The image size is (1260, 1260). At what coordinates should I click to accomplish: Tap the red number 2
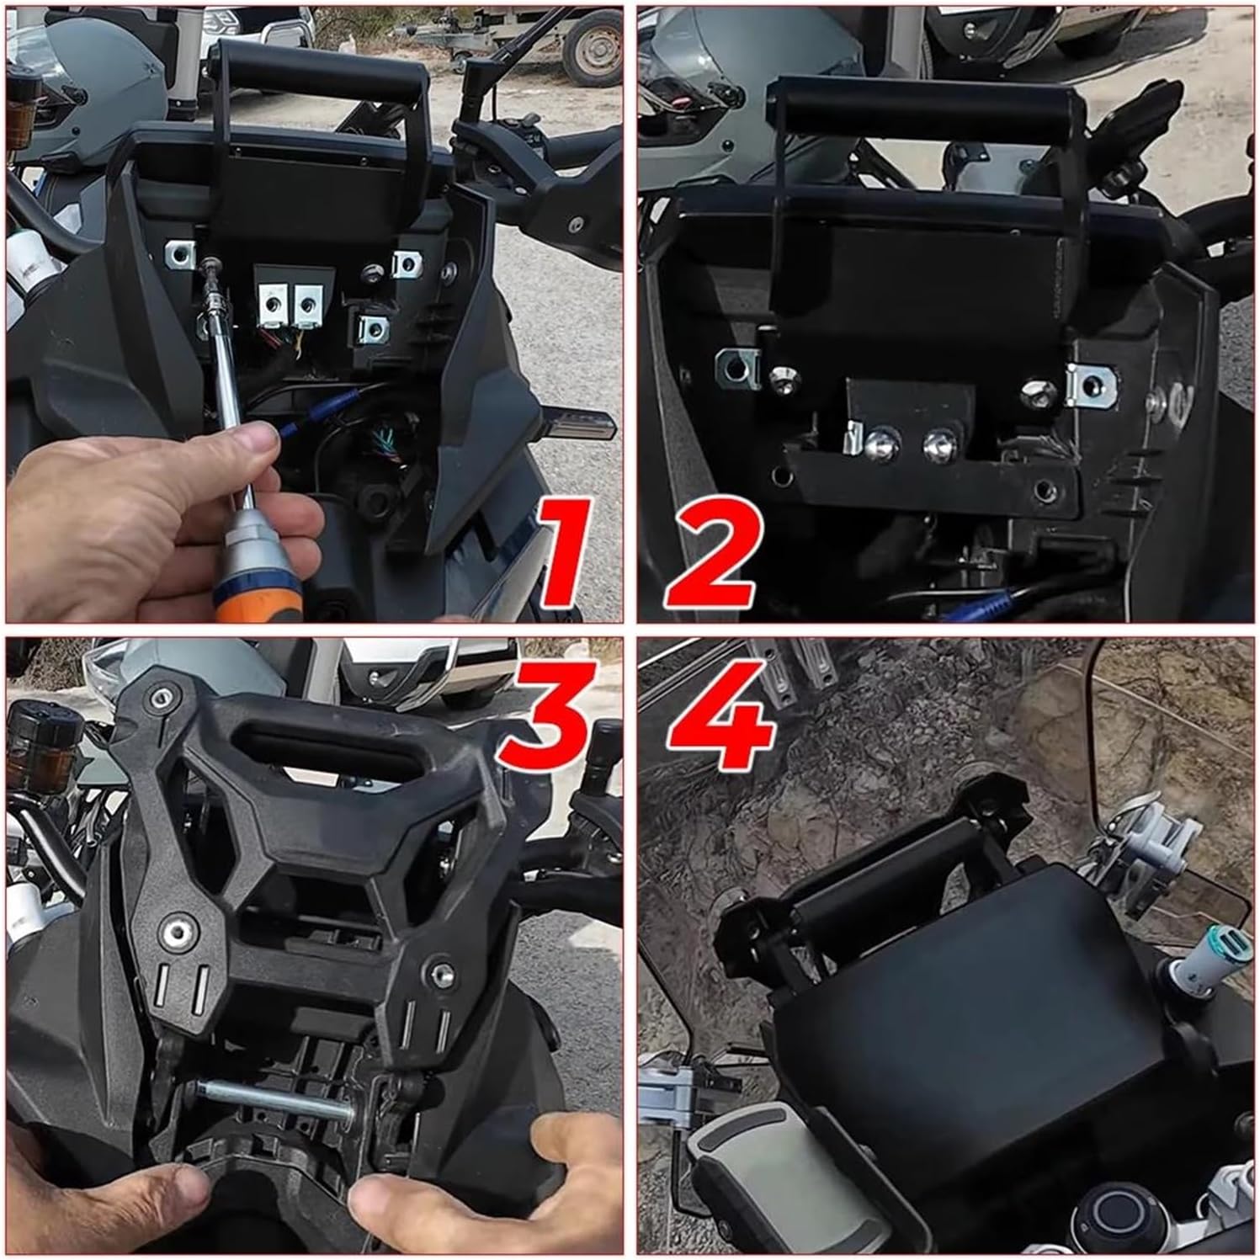[711, 551]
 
